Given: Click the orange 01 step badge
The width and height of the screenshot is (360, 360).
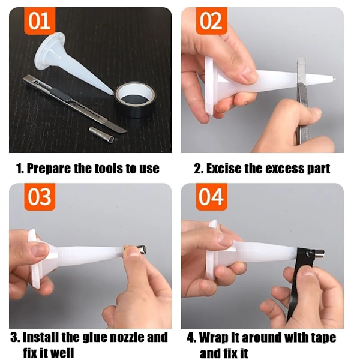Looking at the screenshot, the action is (x=40, y=21).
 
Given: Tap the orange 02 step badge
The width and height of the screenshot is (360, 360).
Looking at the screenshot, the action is (x=211, y=21).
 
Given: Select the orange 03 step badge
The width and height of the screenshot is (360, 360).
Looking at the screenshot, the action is (x=40, y=197).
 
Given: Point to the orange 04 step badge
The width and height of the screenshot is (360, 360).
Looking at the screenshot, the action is (x=211, y=197).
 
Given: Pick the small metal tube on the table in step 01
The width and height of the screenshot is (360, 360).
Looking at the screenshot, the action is (x=103, y=134).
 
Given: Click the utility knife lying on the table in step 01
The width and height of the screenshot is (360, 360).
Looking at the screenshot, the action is (x=73, y=103).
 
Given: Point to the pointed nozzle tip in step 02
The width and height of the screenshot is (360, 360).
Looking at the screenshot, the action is (x=336, y=79).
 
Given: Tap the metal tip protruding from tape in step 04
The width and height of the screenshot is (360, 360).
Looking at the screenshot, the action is (x=318, y=253).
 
